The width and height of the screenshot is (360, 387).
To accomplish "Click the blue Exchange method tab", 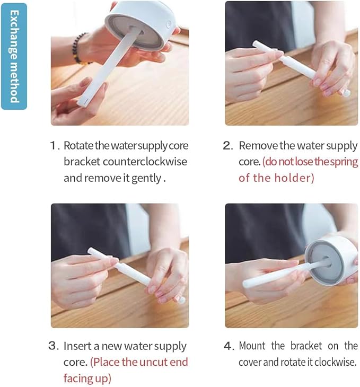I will point(14,56).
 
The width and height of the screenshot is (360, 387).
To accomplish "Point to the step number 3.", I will point(53,346).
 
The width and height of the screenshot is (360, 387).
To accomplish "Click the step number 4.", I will point(228,346).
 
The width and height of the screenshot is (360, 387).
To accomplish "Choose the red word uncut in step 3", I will point(144,362).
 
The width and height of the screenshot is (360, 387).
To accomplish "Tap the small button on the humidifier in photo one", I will point(169,23).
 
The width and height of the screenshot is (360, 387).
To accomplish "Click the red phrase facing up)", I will point(87,378).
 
